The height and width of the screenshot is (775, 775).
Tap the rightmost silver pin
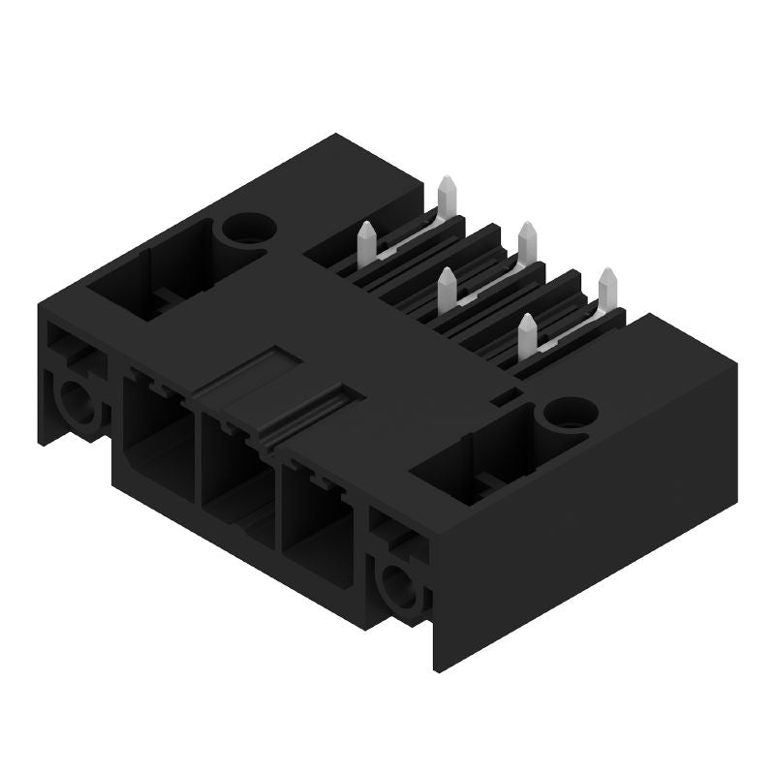click(607, 288)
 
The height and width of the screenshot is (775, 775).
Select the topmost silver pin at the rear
click(448, 194)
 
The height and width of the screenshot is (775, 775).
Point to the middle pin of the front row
click(447, 289)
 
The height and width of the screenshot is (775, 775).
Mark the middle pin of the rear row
click(528, 240)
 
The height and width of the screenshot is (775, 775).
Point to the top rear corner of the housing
click(335, 136)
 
